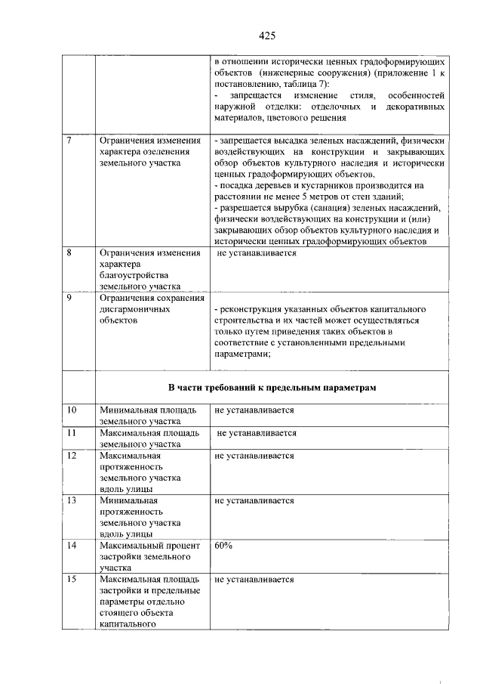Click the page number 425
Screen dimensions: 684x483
click(x=266, y=36)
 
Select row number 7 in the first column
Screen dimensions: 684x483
click(x=69, y=141)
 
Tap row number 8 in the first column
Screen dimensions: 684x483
click(x=69, y=253)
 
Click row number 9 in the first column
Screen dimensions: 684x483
click(x=69, y=298)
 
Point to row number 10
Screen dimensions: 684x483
click(x=72, y=410)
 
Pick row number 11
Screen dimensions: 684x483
click(x=72, y=433)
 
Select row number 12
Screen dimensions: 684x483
click(x=72, y=456)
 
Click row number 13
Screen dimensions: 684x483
click(x=72, y=500)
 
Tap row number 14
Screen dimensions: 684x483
click(x=72, y=544)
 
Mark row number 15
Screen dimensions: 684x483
click(x=72, y=579)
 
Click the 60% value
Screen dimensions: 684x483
click(x=223, y=544)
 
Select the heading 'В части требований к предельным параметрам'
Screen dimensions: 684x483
click(x=272, y=388)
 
